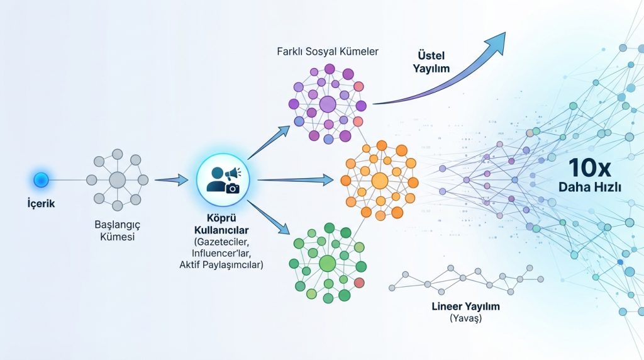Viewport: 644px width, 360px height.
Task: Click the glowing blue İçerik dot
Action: click(41, 180)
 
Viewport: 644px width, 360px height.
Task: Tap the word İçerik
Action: click(41, 203)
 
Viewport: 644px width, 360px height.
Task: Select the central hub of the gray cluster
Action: click(118, 180)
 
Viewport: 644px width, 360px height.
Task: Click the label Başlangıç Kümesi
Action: click(118, 230)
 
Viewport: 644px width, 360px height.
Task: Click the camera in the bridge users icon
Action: click(233, 188)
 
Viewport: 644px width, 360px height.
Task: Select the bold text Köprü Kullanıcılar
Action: click(221, 224)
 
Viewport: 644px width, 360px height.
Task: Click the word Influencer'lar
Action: click(221, 252)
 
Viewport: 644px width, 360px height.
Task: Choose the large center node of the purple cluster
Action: click(328, 104)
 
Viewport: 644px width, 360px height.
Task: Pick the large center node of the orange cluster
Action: click(380, 181)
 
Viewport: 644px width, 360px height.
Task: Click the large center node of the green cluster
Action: click(327, 264)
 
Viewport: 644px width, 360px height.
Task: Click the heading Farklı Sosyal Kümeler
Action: click(328, 52)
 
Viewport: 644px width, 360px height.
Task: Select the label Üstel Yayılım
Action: click(431, 62)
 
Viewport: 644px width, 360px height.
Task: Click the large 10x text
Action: click(590, 167)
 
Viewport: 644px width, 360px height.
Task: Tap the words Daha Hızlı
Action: click(590, 188)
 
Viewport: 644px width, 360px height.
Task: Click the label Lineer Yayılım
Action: click(466, 306)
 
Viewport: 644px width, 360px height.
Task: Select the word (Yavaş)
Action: click(466, 318)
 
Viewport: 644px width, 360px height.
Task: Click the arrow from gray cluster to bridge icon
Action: click(171, 179)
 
